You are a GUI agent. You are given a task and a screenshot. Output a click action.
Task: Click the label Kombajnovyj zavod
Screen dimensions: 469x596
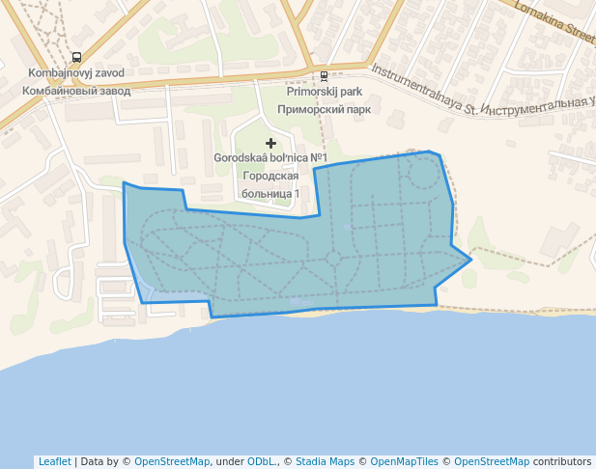(x=75, y=73)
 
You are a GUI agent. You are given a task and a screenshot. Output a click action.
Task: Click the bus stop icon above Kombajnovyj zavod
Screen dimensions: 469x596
(x=76, y=57)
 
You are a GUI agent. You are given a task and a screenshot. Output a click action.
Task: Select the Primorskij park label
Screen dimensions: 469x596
(x=325, y=92)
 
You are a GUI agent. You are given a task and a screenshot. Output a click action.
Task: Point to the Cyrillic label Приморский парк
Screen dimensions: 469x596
(x=325, y=109)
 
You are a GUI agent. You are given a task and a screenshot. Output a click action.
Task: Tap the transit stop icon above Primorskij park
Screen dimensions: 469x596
(x=324, y=75)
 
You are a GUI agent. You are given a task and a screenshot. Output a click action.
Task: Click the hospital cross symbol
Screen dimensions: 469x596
(x=270, y=143)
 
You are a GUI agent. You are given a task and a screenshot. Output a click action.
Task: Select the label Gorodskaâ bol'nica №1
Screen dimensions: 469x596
(x=270, y=158)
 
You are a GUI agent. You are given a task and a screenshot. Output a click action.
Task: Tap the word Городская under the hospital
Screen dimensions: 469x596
(x=270, y=176)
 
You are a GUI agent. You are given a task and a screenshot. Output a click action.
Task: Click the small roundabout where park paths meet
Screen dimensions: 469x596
(x=333, y=259)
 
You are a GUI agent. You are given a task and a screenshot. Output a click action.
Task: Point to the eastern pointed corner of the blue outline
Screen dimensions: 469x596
(x=470, y=259)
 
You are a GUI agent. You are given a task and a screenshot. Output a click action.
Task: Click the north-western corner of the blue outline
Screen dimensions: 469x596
(x=124, y=182)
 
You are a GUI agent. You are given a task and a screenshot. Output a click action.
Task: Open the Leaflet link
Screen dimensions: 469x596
(x=54, y=461)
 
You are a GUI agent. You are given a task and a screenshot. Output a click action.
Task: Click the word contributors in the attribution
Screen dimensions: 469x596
(x=562, y=461)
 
